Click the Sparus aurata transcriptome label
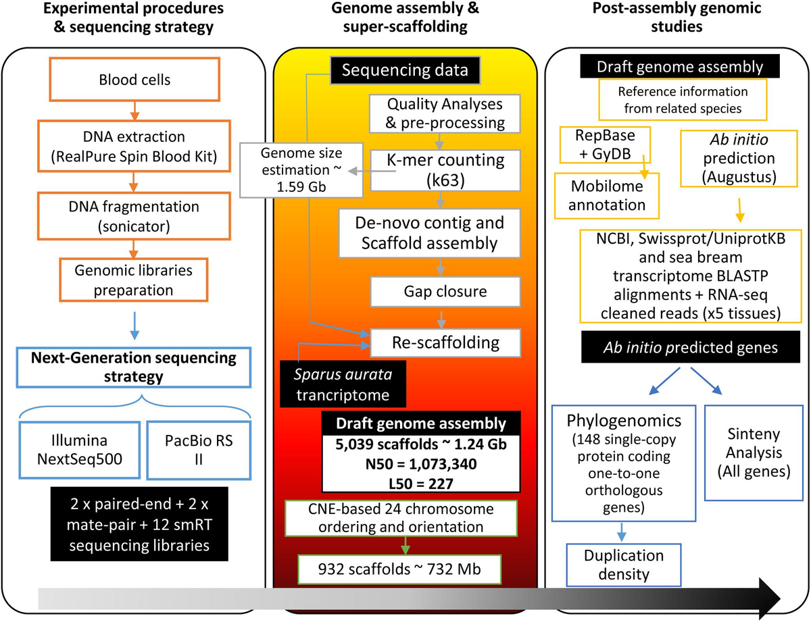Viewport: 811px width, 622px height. tap(336, 383)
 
